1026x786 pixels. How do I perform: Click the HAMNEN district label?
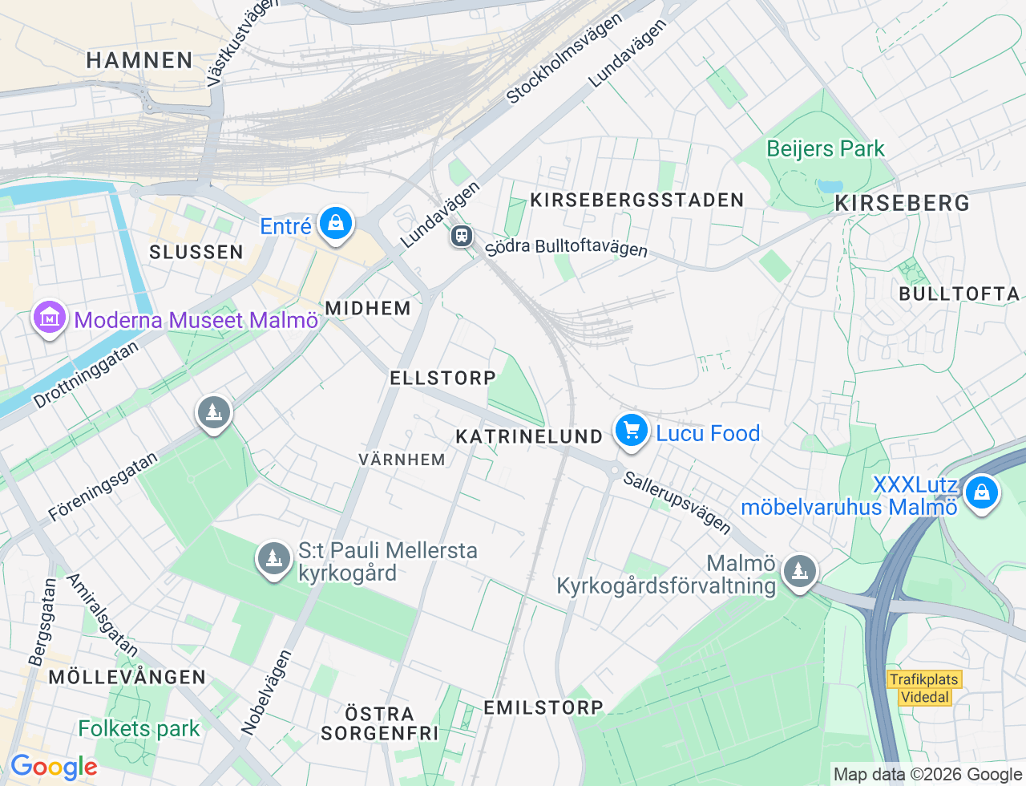tap(139, 60)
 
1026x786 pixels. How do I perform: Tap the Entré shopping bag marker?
tap(335, 224)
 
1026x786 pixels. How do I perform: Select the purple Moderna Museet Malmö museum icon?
tap(49, 318)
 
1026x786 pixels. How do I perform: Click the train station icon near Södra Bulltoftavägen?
tap(461, 236)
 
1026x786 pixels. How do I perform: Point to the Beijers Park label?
tap(825, 149)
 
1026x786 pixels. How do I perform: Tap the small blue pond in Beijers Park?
tap(829, 187)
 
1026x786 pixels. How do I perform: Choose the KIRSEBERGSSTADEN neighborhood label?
tap(636, 200)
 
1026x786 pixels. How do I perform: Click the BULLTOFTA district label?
tap(959, 294)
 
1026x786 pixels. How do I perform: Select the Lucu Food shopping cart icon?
tap(632, 431)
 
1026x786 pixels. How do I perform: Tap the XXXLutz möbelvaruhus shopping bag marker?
tap(981, 492)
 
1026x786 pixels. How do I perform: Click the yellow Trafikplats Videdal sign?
tap(924, 688)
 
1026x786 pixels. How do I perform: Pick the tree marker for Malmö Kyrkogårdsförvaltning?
tap(799, 572)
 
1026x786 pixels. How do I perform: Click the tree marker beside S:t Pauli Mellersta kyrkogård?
tap(273, 557)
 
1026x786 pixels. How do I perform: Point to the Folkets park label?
tap(139, 728)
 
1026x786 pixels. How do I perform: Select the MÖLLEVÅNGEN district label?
tap(127, 677)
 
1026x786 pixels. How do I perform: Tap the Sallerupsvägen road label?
tap(677, 503)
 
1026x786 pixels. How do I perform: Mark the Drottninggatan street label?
tap(86, 375)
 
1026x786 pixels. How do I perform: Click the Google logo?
tap(54, 768)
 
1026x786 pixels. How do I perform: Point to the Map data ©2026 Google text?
tap(927, 774)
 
